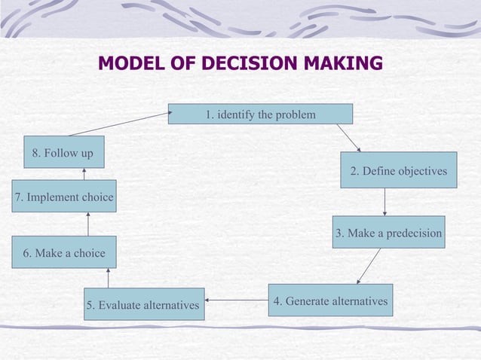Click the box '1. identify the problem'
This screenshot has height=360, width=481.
pyautogui.click(x=260, y=114)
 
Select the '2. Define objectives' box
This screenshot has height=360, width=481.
pyautogui.click(x=398, y=170)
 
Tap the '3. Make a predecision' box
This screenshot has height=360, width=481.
pyautogui.click(x=388, y=233)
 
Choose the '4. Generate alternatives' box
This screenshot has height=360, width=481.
pyautogui.click(x=330, y=301)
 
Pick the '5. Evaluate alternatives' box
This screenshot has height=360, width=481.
pyautogui.click(x=143, y=304)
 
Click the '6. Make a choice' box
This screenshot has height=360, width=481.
pyautogui.click(x=64, y=252)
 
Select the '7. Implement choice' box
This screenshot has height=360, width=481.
pyautogui.click(x=64, y=197)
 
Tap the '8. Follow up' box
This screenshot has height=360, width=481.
pyautogui.click(x=63, y=153)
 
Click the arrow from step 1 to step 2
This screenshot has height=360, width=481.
pyautogui.click(x=348, y=138)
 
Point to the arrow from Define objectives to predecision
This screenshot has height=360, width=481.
pyautogui.click(x=384, y=202)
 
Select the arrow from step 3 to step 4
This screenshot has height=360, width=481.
pyautogui.click(x=369, y=266)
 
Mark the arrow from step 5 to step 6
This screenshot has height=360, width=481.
pyautogui.click(x=108, y=278)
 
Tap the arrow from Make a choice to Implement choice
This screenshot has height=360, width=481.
pyautogui.click(x=88, y=224)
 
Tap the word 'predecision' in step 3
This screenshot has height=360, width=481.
pyautogui.click(x=413, y=233)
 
